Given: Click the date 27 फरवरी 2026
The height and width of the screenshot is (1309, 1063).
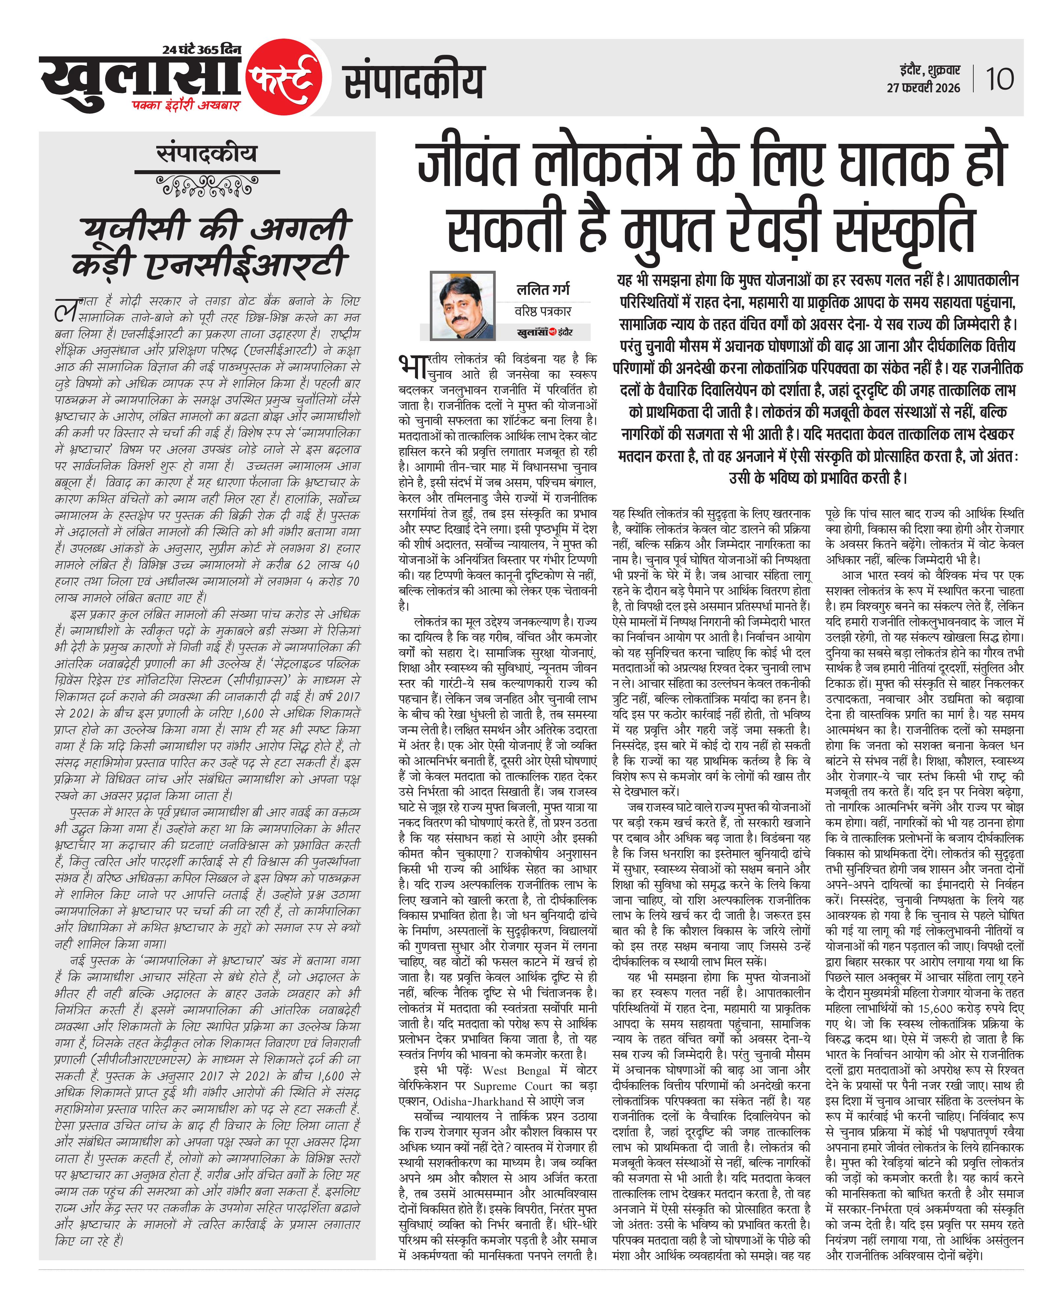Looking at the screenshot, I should point(923,88).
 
